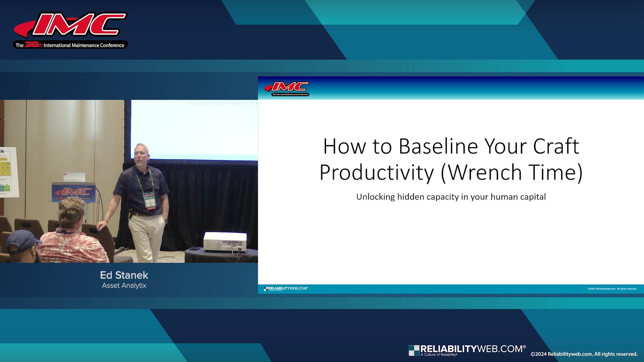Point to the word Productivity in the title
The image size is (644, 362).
tap(377, 173)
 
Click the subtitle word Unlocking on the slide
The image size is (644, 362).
tap(375, 197)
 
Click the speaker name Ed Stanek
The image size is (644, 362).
tap(124, 275)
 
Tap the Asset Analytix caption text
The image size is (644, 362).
tap(124, 286)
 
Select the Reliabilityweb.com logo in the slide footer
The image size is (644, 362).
tap(286, 289)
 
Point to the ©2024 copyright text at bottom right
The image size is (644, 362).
tap(584, 354)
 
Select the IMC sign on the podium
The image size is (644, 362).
tap(73, 192)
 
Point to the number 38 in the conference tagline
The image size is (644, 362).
tap(31, 45)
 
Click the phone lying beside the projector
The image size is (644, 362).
tap(195, 248)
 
